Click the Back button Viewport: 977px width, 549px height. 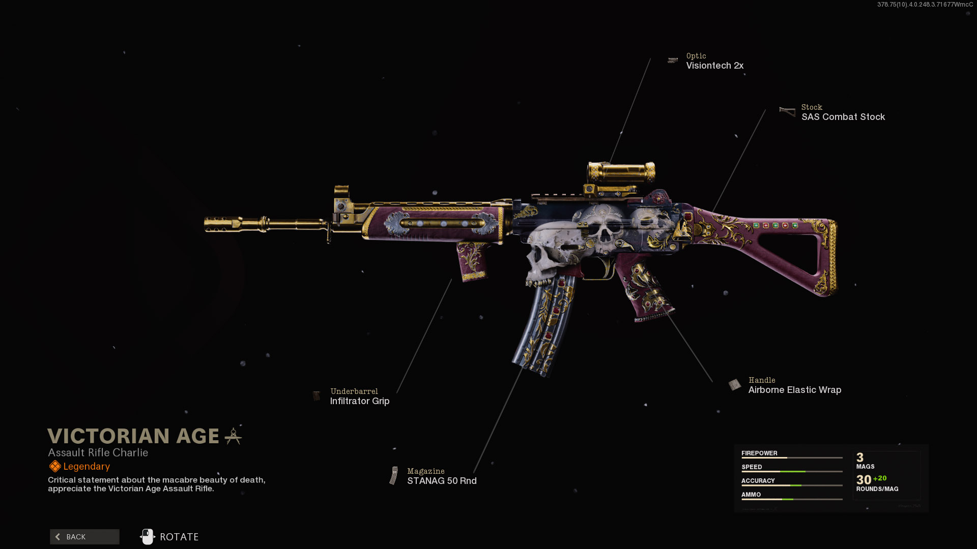(x=84, y=537)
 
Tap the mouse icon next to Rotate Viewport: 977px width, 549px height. (x=148, y=537)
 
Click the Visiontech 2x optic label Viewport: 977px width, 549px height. (x=714, y=66)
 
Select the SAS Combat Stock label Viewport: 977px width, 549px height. (x=843, y=117)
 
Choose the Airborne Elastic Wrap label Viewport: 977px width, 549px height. (x=794, y=390)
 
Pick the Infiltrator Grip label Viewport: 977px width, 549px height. (x=360, y=401)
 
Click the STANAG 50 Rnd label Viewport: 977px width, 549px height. (x=442, y=481)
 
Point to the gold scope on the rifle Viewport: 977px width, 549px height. (x=621, y=173)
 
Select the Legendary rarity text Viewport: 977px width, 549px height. (x=87, y=467)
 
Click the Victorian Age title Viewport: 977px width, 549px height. (x=133, y=436)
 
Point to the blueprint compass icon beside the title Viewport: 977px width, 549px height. (x=233, y=436)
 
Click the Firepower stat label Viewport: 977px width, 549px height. (x=759, y=453)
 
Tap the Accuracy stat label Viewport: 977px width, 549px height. (x=758, y=481)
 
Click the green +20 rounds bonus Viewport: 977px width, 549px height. (x=880, y=478)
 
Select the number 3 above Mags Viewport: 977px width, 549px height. (x=860, y=457)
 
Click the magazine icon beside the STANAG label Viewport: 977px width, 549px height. (x=394, y=476)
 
